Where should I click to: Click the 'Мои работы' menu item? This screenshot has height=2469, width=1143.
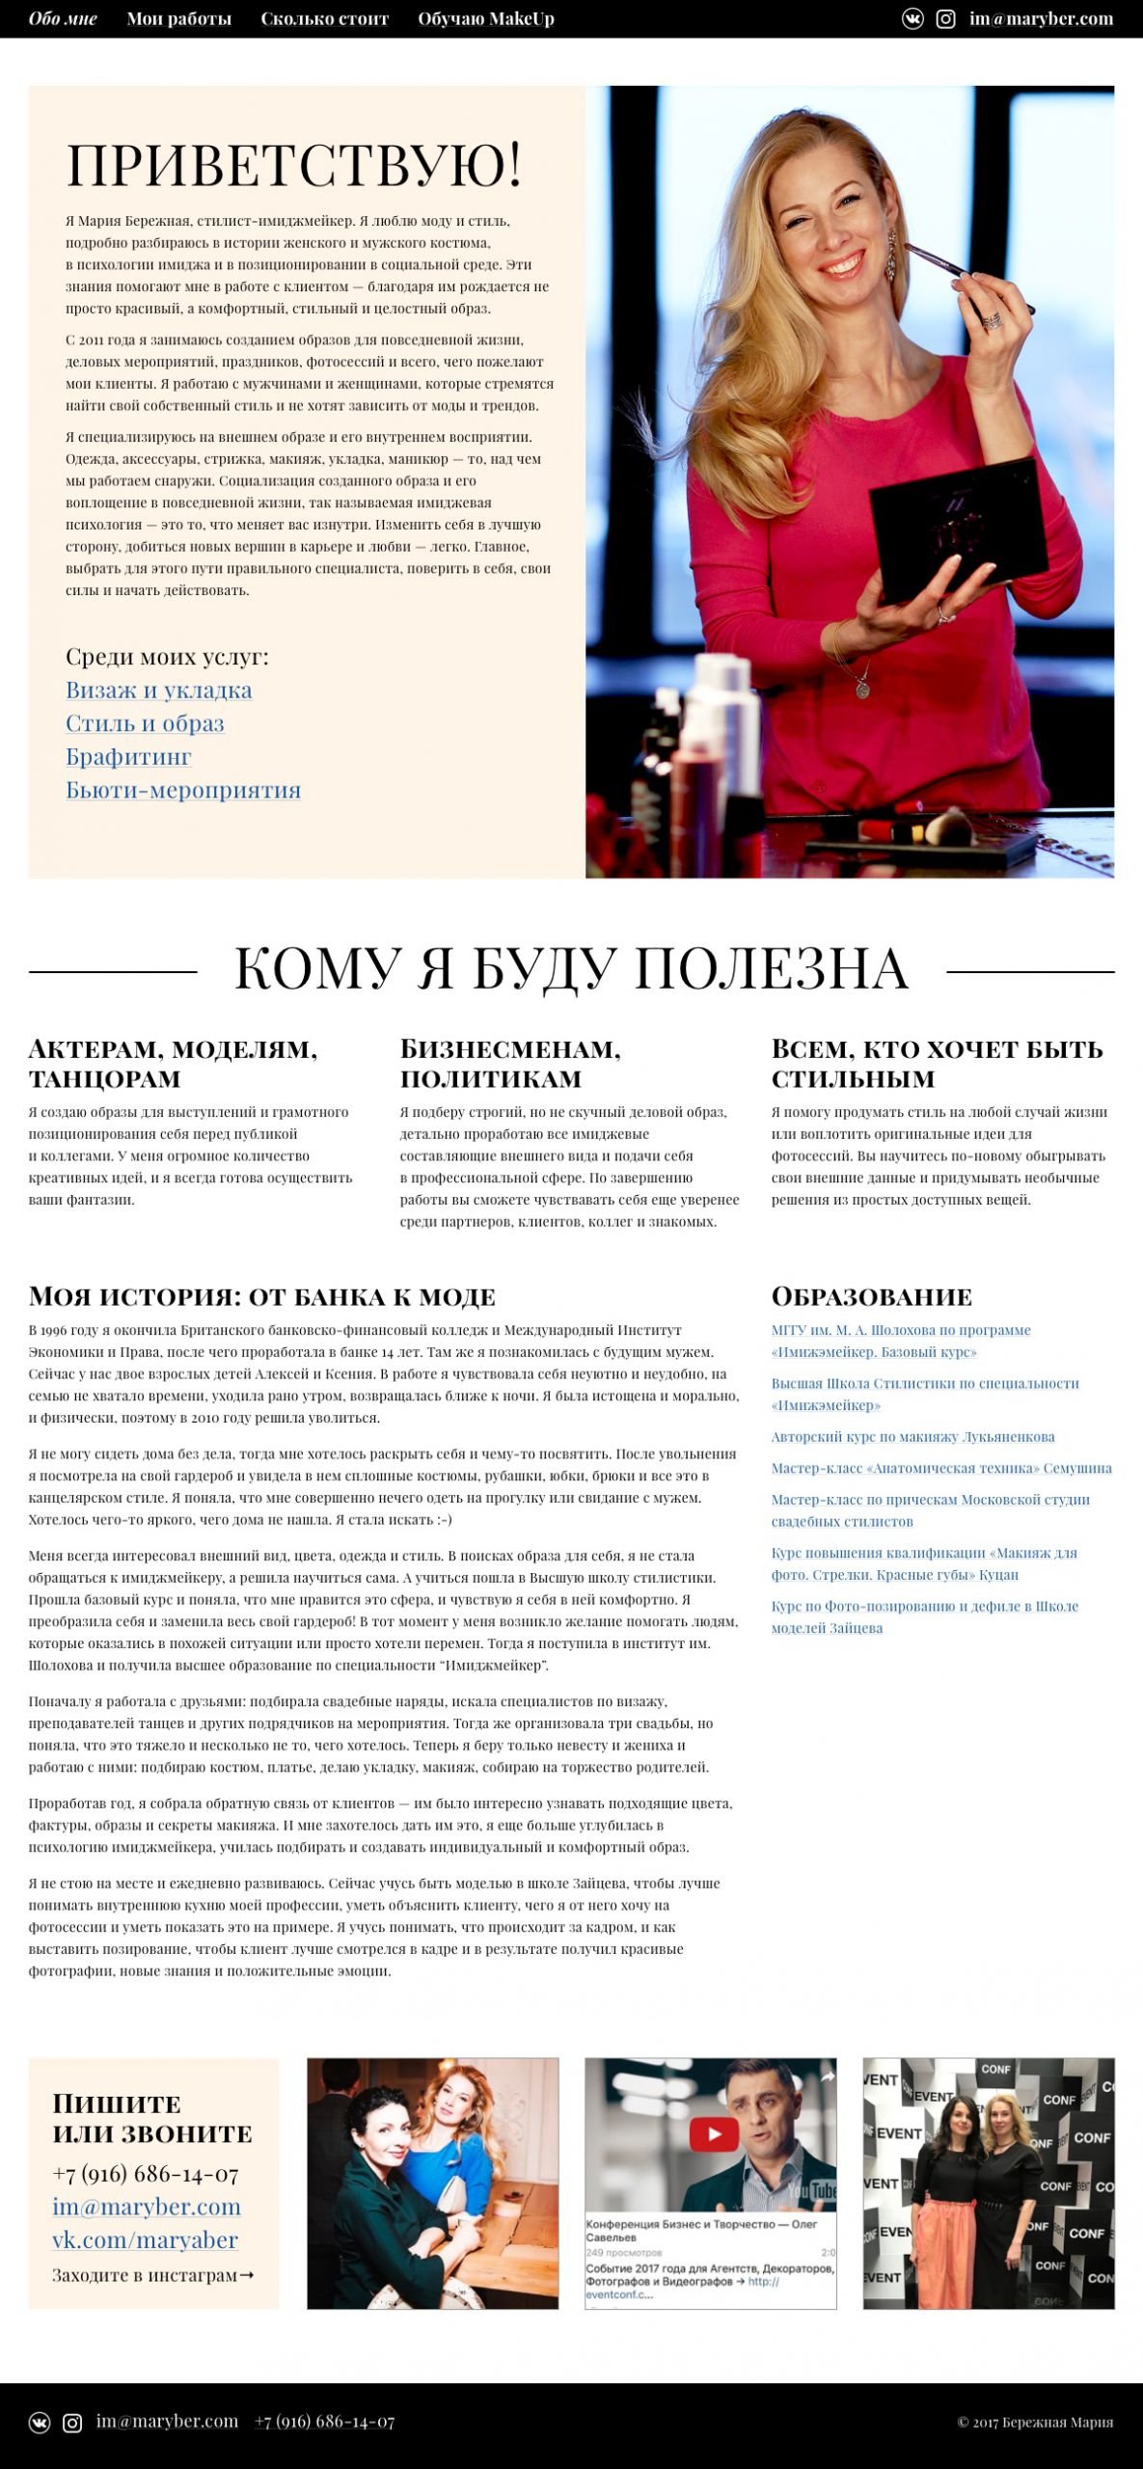(178, 19)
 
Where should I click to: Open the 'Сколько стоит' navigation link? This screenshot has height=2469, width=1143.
(324, 19)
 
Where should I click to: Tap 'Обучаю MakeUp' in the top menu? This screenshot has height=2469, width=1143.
(485, 19)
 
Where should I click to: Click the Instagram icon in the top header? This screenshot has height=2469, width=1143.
(945, 19)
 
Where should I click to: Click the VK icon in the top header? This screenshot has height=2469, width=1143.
(912, 19)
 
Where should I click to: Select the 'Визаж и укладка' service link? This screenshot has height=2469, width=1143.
(158, 691)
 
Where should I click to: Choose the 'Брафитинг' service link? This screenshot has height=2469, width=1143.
(128, 757)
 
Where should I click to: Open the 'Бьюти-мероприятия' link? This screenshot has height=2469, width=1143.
(183, 790)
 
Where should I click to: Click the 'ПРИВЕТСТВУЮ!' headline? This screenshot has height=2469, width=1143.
(294, 164)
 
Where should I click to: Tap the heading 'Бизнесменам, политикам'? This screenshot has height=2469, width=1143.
(510, 1063)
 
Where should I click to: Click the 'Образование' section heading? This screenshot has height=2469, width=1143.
(871, 1296)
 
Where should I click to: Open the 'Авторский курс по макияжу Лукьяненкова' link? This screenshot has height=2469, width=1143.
(912, 1437)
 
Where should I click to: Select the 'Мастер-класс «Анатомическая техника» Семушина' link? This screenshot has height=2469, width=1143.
(940, 1468)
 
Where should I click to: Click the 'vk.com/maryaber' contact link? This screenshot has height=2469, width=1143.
(145, 2240)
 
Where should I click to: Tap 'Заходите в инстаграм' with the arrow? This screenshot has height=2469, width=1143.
(152, 2275)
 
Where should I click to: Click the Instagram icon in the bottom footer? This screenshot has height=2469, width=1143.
(72, 2423)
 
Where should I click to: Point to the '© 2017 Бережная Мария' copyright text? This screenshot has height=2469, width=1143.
(1035, 2423)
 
